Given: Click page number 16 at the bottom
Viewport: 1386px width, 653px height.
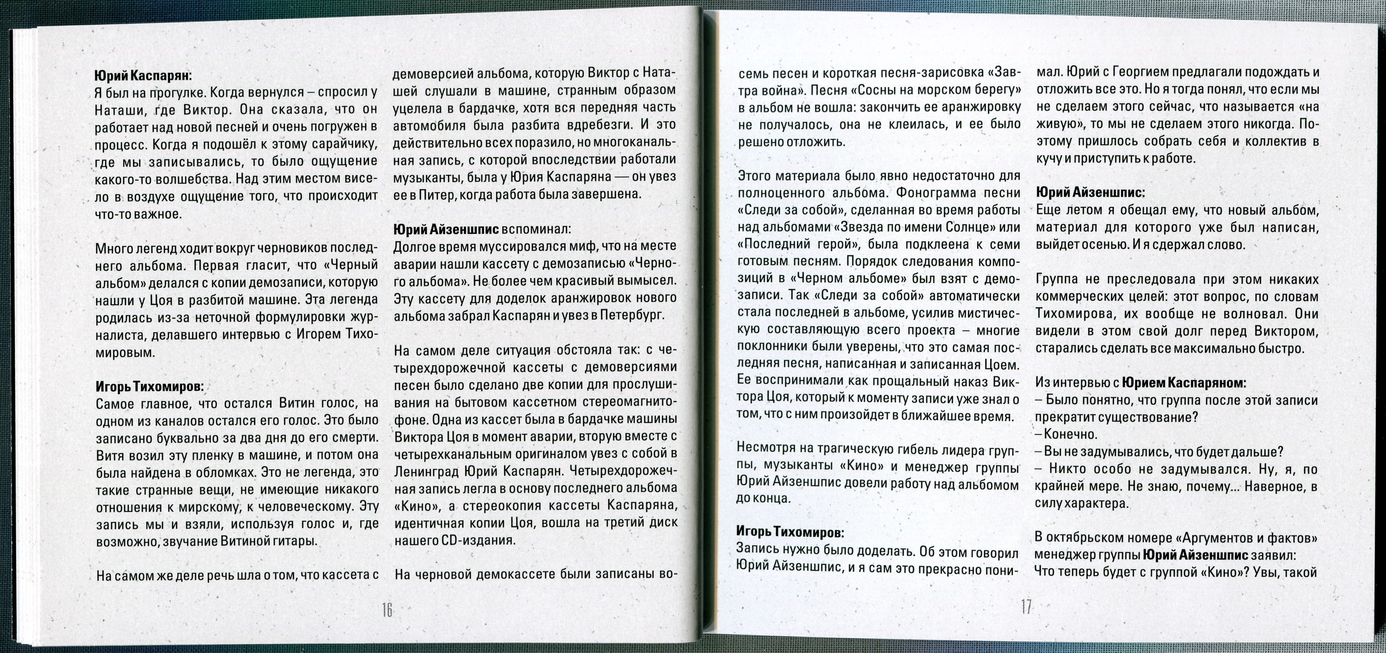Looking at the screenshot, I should click(x=387, y=610).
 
